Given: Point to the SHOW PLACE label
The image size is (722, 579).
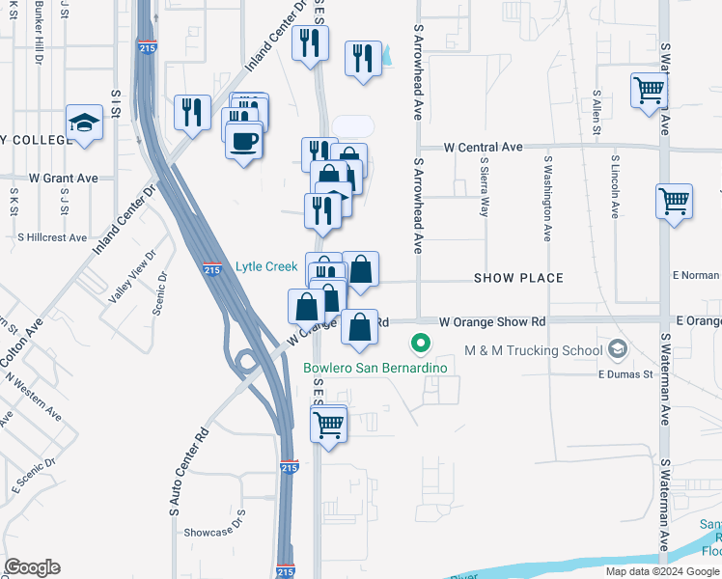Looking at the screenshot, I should pos(518,279).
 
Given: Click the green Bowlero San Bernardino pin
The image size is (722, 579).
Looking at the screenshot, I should pos(420,343).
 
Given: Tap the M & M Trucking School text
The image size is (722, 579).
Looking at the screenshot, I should pos(534,349).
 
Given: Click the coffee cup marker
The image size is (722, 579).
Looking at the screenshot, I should pos(243,141).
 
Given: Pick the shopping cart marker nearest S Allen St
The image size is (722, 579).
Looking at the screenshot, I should pos(649,92).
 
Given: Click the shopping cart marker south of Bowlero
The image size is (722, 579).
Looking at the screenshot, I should pos(329,423).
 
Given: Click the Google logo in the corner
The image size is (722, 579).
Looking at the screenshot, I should pos(32,567).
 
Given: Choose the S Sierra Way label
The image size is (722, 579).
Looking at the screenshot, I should pos(484,188).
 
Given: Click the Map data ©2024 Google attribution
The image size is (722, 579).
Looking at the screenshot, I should pos(662,571).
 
